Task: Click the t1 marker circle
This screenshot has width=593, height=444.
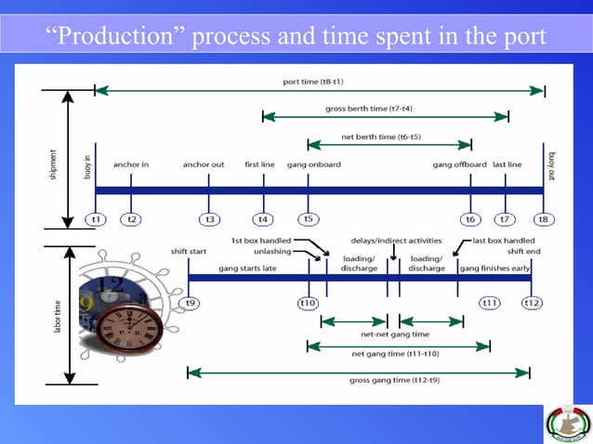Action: pos(95,220)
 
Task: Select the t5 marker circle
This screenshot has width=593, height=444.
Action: pos(307,220)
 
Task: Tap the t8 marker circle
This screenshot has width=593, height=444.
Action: pos(543,220)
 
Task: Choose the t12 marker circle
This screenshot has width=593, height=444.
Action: pos(532,303)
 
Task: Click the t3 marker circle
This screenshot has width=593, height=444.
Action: pos(209,220)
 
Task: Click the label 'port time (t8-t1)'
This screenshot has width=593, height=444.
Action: pos(319,82)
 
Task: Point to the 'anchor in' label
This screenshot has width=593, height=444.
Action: pos(131,164)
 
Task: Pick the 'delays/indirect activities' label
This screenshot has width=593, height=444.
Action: pos(396,241)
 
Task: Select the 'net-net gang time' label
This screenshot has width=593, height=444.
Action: pos(394,333)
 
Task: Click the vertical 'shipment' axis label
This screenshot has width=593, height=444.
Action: pos(52,160)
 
